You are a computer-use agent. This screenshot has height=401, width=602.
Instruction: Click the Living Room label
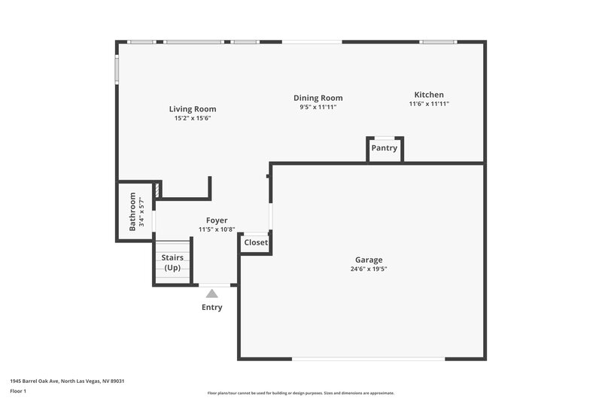[193, 109]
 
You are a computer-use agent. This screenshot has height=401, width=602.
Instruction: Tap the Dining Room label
[318, 98]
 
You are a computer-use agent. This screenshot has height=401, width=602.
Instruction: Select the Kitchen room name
[429, 94]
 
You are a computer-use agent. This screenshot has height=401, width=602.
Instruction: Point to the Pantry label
[384, 148]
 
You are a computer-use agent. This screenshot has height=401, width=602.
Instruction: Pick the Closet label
[256, 243]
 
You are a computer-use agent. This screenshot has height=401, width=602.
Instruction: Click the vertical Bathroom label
[132, 211]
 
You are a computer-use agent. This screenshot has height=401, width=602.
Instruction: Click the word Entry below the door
[212, 307]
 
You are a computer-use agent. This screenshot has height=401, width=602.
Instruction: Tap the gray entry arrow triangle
[212, 293]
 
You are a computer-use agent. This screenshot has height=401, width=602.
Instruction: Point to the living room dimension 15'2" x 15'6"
[193, 118]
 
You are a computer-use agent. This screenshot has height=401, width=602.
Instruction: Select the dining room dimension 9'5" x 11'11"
[318, 107]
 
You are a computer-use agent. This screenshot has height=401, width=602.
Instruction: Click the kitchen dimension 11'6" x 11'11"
[429, 104]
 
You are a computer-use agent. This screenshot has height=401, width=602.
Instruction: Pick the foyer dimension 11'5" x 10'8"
[217, 229]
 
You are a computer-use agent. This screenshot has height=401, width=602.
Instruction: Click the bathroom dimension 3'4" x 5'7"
[142, 211]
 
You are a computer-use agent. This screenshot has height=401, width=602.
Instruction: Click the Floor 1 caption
[19, 391]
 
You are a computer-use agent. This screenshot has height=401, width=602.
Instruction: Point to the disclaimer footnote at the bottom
[300, 393]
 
